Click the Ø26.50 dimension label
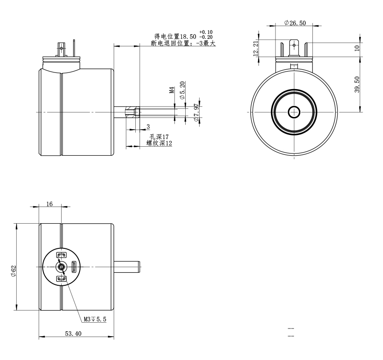(295, 23)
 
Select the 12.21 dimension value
(255, 49)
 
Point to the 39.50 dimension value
(357, 85)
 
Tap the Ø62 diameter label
(13, 271)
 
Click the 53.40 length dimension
(73, 333)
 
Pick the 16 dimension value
(49, 204)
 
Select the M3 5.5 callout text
(95, 319)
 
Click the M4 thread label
(172, 90)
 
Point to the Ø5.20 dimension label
(182, 90)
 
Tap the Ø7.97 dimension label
(196, 112)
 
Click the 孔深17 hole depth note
(159, 137)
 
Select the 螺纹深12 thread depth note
(159, 143)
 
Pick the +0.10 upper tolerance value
(206, 32)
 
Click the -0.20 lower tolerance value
(206, 37)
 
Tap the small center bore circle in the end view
(294, 112)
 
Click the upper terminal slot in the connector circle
(61, 255)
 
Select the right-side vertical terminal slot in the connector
(74, 267)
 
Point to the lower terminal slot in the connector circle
(61, 279)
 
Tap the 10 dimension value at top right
(357, 48)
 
